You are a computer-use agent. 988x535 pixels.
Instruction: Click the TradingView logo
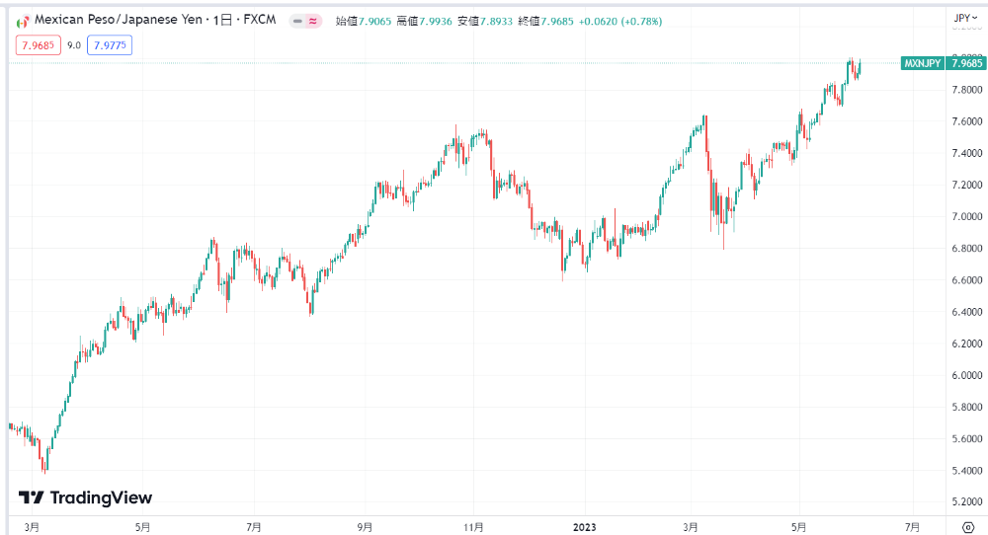click(85, 497)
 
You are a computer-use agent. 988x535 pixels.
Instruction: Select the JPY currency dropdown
click(964, 18)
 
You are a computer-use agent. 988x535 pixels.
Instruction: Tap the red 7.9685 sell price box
click(38, 44)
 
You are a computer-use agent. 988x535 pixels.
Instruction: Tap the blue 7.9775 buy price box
click(109, 44)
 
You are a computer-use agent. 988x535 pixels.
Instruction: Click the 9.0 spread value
click(74, 44)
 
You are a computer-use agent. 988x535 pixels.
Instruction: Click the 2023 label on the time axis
click(584, 526)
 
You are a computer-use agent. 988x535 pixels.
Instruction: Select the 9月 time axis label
click(365, 526)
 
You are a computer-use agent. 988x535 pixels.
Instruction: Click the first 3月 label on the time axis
click(33, 526)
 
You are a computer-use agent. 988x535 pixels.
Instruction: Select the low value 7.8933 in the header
click(504, 21)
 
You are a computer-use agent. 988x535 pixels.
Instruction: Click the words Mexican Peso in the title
click(69, 21)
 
